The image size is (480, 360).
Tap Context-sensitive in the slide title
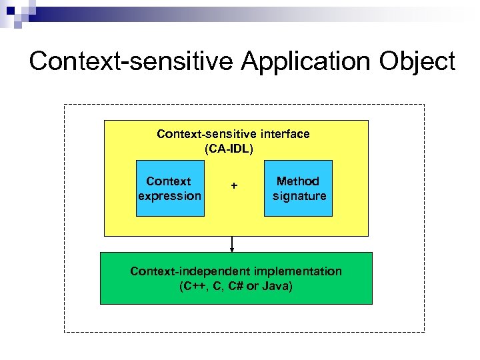[131, 61]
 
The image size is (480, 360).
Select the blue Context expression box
[170, 189]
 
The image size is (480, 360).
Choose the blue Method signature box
[298, 189]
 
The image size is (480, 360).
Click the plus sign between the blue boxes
[233, 185]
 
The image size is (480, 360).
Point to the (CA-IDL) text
[229, 149]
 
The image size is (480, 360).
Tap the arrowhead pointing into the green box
[232, 249]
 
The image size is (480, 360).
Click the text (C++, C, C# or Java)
[235, 287]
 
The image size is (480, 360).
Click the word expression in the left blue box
[169, 196]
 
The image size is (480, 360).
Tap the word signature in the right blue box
[299, 196]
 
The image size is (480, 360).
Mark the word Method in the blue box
[298, 181]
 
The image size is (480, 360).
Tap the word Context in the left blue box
[168, 181]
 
